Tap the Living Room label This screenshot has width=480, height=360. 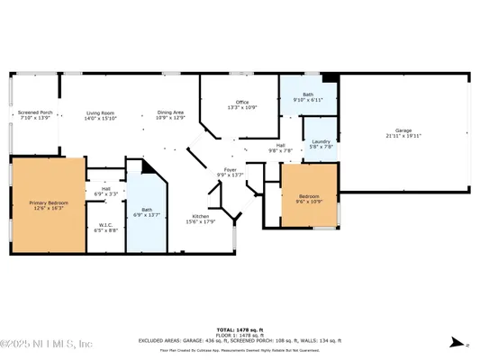[102, 112]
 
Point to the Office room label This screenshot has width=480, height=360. [241, 103]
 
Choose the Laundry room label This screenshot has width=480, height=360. [321, 140]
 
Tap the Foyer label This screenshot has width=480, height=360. [231, 169]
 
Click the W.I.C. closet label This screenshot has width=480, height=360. [105, 225]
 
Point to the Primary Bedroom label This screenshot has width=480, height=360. [43, 202]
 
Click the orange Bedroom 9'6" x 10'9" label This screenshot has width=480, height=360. [309, 199]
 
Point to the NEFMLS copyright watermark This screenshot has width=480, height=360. [47, 344]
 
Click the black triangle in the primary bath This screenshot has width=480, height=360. [149, 168]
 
